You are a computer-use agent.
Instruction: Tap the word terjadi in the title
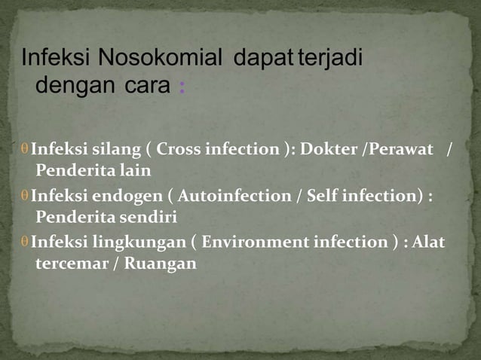(x=332, y=58)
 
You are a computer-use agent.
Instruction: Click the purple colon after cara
(x=182, y=87)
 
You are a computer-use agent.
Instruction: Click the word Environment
(x=254, y=242)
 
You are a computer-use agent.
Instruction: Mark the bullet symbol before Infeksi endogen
(x=25, y=196)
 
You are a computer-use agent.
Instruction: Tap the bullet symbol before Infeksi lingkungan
(x=25, y=242)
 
